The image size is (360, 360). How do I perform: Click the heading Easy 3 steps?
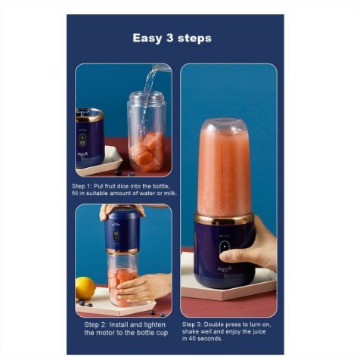click(172, 38)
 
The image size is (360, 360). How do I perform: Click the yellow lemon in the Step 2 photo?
click(85, 288)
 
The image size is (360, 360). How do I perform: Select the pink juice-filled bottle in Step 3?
click(225, 168)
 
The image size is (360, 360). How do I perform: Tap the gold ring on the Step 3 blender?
click(224, 219)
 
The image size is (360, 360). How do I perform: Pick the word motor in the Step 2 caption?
click(107, 333)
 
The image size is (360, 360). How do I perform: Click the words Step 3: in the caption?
click(191, 324)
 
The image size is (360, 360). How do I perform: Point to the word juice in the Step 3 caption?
click(259, 331)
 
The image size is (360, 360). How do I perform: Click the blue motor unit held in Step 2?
click(123, 230)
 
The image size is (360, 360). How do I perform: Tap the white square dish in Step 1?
click(100, 161)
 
